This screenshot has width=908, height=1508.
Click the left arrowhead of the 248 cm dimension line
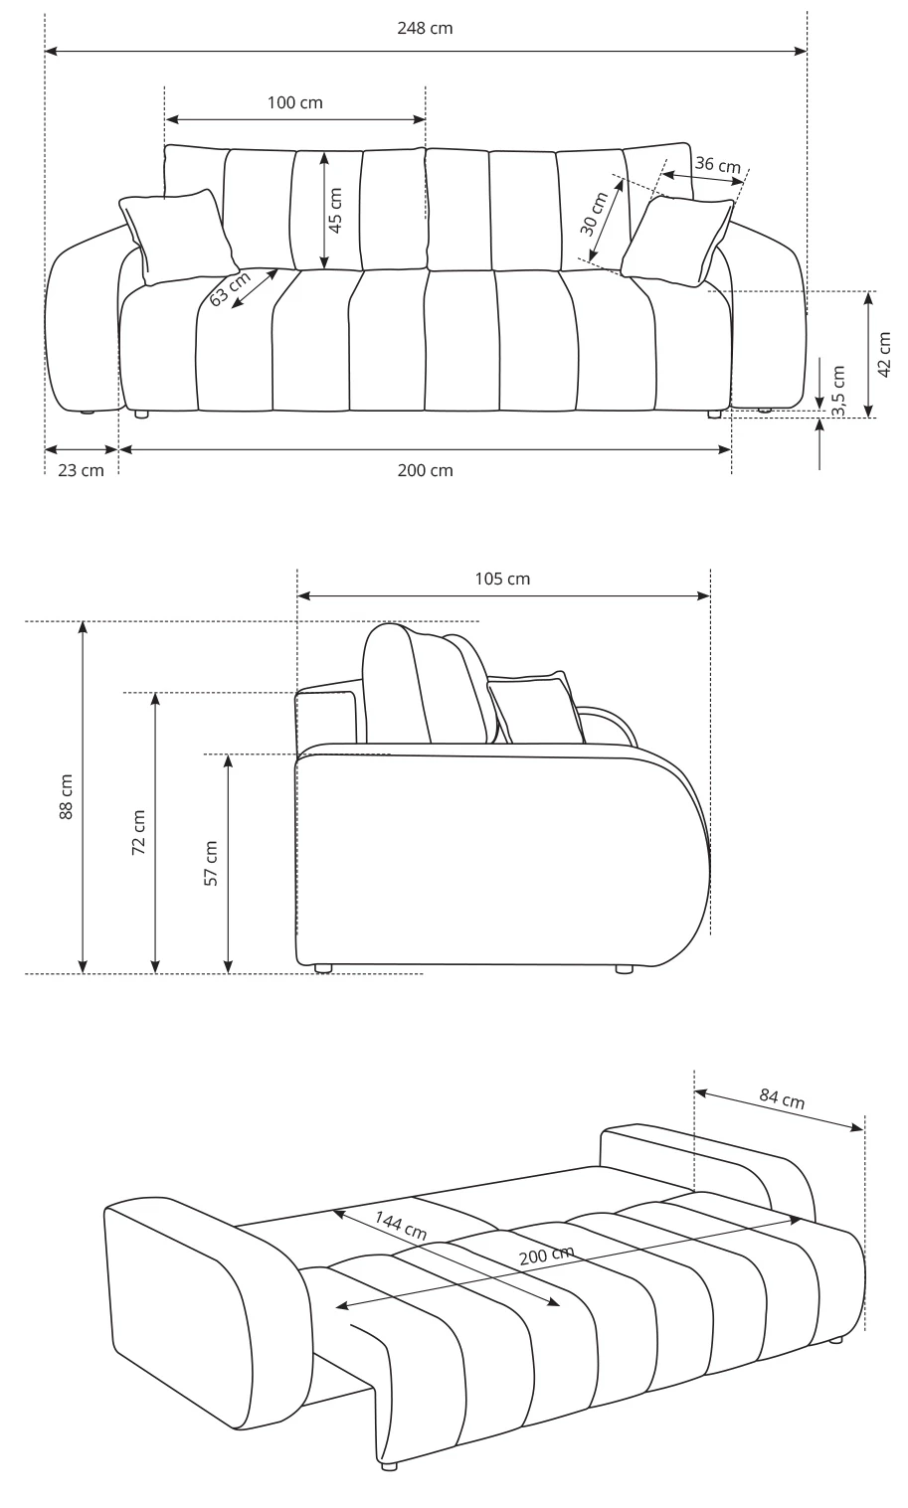point(46,51)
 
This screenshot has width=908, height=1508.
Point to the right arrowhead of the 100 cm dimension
point(425,120)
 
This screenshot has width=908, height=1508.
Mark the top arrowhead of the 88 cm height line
point(83,622)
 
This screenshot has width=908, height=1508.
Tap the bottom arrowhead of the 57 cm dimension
point(229,972)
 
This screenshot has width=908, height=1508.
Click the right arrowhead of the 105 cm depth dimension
point(709,595)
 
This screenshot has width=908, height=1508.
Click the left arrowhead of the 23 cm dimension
point(46,449)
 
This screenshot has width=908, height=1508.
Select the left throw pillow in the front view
point(178,236)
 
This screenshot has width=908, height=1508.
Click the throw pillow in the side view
point(535,707)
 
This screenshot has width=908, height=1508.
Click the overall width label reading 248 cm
point(425,28)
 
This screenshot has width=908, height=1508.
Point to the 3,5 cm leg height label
point(837,392)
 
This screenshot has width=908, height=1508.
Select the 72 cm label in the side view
point(138,833)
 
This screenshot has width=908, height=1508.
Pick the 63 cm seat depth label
point(230,289)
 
